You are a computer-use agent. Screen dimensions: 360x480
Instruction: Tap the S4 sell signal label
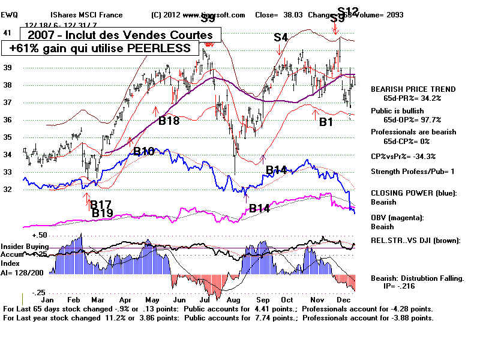tap(281, 37)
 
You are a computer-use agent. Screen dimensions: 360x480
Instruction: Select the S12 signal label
tap(348, 10)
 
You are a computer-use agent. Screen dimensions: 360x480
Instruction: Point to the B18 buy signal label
tap(169, 121)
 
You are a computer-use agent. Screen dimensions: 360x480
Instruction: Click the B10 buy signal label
tap(144, 152)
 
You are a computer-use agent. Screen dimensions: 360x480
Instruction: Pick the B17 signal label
tap(102, 205)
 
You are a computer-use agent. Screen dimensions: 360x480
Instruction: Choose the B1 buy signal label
tap(326, 122)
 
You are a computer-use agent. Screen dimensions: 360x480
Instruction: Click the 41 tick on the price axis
tap(7, 33)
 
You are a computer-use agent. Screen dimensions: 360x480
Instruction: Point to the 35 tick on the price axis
tap(7, 137)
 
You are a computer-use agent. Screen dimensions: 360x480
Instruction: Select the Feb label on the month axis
tap(74, 299)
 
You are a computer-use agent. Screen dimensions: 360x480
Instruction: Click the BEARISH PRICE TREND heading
tap(413, 89)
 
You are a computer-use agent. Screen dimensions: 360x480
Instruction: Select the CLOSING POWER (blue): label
tap(413, 193)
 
